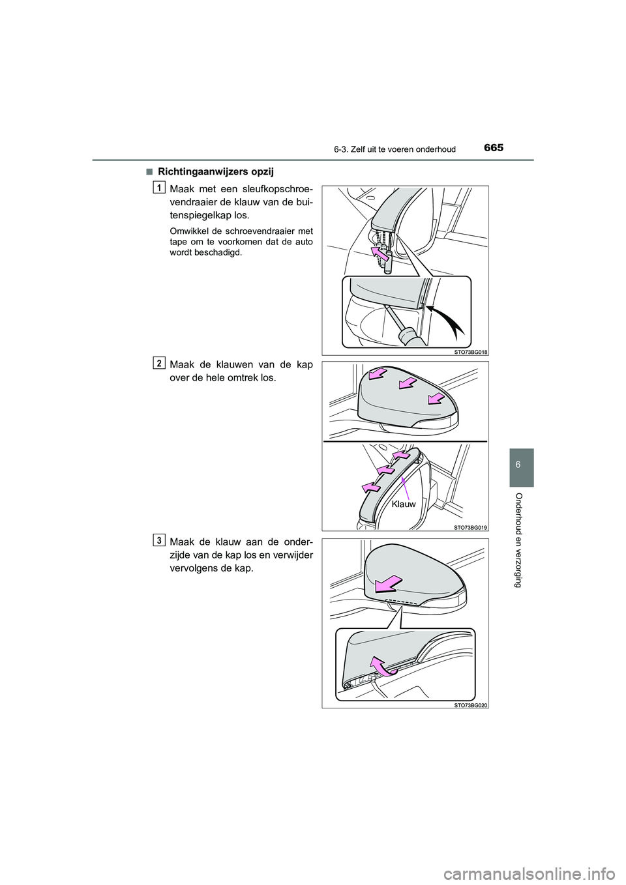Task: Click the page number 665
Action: pyautogui.click(x=493, y=148)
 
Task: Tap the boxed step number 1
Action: pyautogui.click(x=158, y=189)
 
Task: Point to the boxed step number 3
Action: pyautogui.click(x=158, y=540)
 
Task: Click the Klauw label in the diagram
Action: pyautogui.click(x=404, y=504)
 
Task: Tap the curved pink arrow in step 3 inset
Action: pyautogui.click(x=383, y=666)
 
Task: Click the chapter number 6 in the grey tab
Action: pyautogui.click(x=520, y=466)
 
